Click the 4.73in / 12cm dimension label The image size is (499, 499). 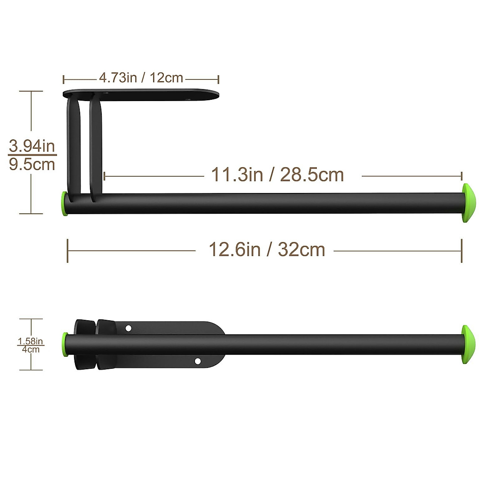pyautogui.click(x=141, y=77)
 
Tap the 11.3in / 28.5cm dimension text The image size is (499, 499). pyautogui.click(x=277, y=175)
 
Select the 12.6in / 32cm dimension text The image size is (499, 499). pyautogui.click(x=267, y=249)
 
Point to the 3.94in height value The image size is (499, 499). pyautogui.click(x=32, y=146)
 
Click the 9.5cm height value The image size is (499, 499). pyautogui.click(x=32, y=164)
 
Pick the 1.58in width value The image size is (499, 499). pyautogui.click(x=30, y=341)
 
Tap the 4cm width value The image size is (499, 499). pyautogui.click(x=31, y=349)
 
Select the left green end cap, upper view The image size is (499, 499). pyautogui.click(x=64, y=204)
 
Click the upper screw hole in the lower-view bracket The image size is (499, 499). pyautogui.click(x=128, y=329)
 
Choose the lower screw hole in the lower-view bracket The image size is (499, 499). pyautogui.click(x=198, y=361)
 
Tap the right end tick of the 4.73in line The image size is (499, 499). pyautogui.click(x=218, y=79)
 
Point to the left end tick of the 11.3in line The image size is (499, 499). pyautogui.click(x=104, y=176)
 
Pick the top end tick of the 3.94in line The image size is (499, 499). pyautogui.click(x=31, y=91)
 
